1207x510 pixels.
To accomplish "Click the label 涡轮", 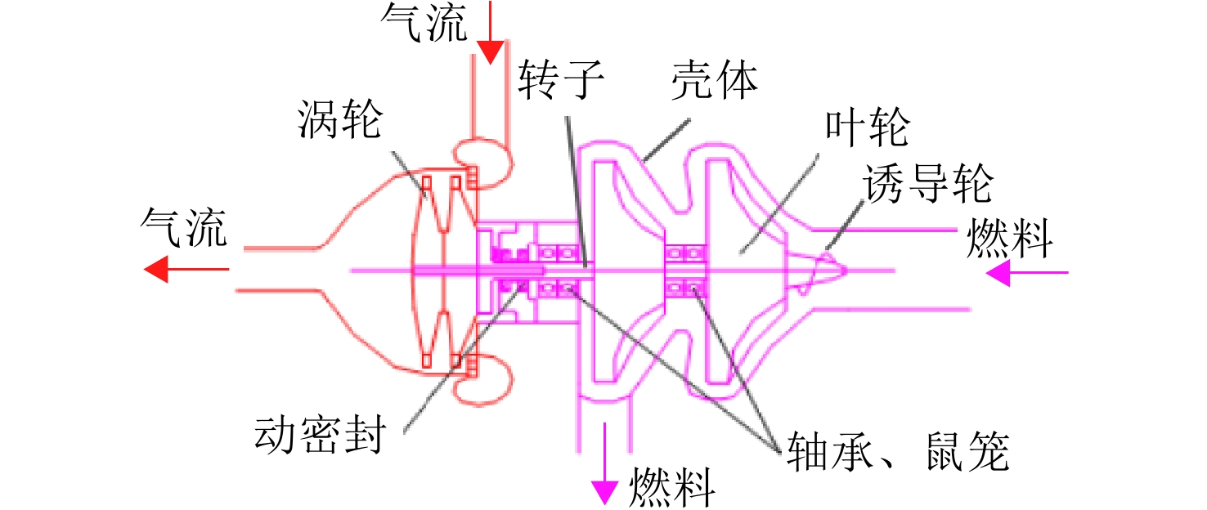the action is click(340, 119).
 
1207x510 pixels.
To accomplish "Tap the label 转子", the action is click(561, 80).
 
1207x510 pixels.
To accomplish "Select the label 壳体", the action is click(715, 80).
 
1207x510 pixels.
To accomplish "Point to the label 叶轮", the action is click(868, 127).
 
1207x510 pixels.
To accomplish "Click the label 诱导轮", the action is click(928, 183).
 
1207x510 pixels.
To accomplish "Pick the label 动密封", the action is click(320, 434).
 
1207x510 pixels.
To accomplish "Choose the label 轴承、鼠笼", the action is click(898, 451).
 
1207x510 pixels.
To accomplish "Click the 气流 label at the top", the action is click(424, 21).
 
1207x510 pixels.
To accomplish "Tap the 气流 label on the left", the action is click(184, 226).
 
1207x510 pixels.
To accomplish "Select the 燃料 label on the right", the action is click(1010, 238).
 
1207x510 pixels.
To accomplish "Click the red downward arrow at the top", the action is click(491, 33).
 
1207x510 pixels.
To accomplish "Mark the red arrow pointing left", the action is click(186, 269).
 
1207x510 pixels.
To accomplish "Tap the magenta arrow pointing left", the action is click(1027, 272).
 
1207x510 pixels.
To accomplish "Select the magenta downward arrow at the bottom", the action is click(604, 463).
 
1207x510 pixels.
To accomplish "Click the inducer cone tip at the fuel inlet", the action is click(845, 269).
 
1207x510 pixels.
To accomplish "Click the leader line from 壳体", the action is click(666, 140).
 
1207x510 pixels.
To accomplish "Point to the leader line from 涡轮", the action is click(408, 176).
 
